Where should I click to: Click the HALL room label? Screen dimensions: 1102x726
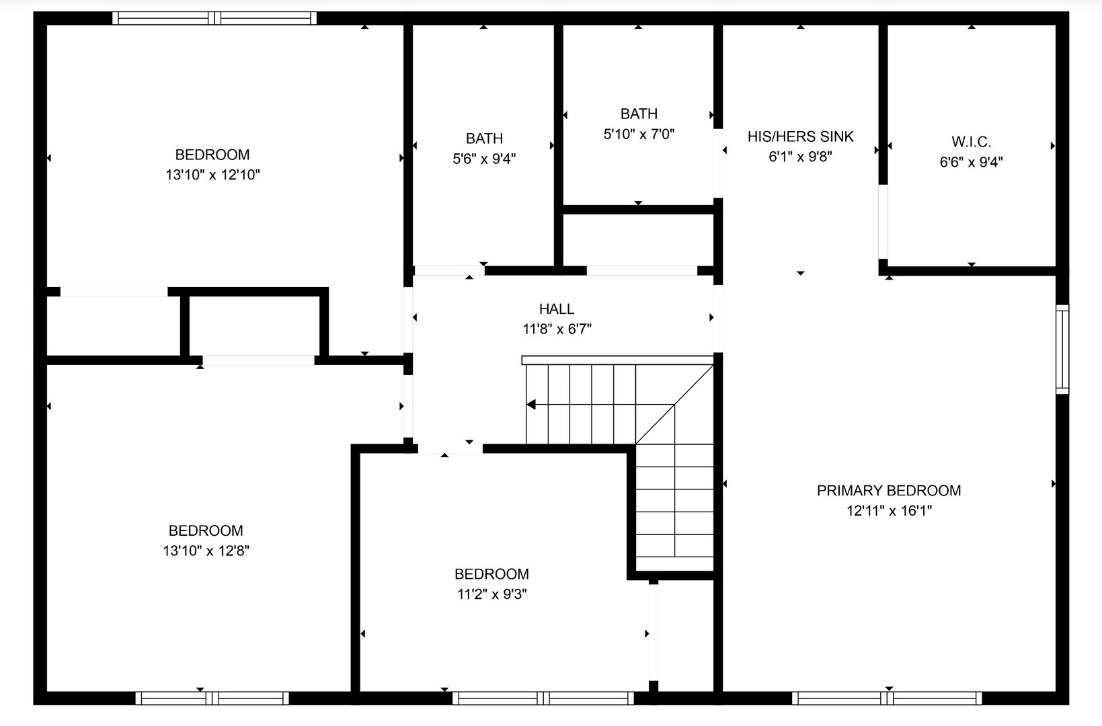point(557,309)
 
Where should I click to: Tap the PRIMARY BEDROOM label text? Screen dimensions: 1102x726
point(888,491)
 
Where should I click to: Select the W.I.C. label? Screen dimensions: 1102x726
point(971,142)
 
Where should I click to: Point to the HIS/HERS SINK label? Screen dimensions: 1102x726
point(800,136)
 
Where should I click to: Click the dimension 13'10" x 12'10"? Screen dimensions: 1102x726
point(212,175)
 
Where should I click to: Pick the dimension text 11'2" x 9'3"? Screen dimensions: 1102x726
point(492,594)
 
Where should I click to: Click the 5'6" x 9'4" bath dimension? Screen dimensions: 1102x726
point(484,159)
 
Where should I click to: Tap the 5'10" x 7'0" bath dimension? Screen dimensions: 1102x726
point(639,134)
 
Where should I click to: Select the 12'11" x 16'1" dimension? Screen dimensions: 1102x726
point(889,511)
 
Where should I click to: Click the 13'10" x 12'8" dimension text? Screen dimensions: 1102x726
point(206,551)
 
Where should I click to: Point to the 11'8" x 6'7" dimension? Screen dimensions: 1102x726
point(557,329)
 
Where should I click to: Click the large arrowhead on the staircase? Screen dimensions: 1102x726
point(531,404)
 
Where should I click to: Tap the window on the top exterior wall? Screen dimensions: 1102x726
point(214,18)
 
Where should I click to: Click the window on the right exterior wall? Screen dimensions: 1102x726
point(1062,350)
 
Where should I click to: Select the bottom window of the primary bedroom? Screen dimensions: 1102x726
point(887,698)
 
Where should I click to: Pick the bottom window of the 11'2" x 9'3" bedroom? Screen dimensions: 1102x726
point(543,698)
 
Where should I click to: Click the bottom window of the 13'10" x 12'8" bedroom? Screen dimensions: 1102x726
point(212,698)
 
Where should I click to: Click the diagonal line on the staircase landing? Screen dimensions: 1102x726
point(674,404)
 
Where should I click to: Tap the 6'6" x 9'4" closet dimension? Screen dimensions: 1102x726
point(971,162)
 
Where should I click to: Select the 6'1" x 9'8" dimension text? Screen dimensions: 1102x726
point(800,157)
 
